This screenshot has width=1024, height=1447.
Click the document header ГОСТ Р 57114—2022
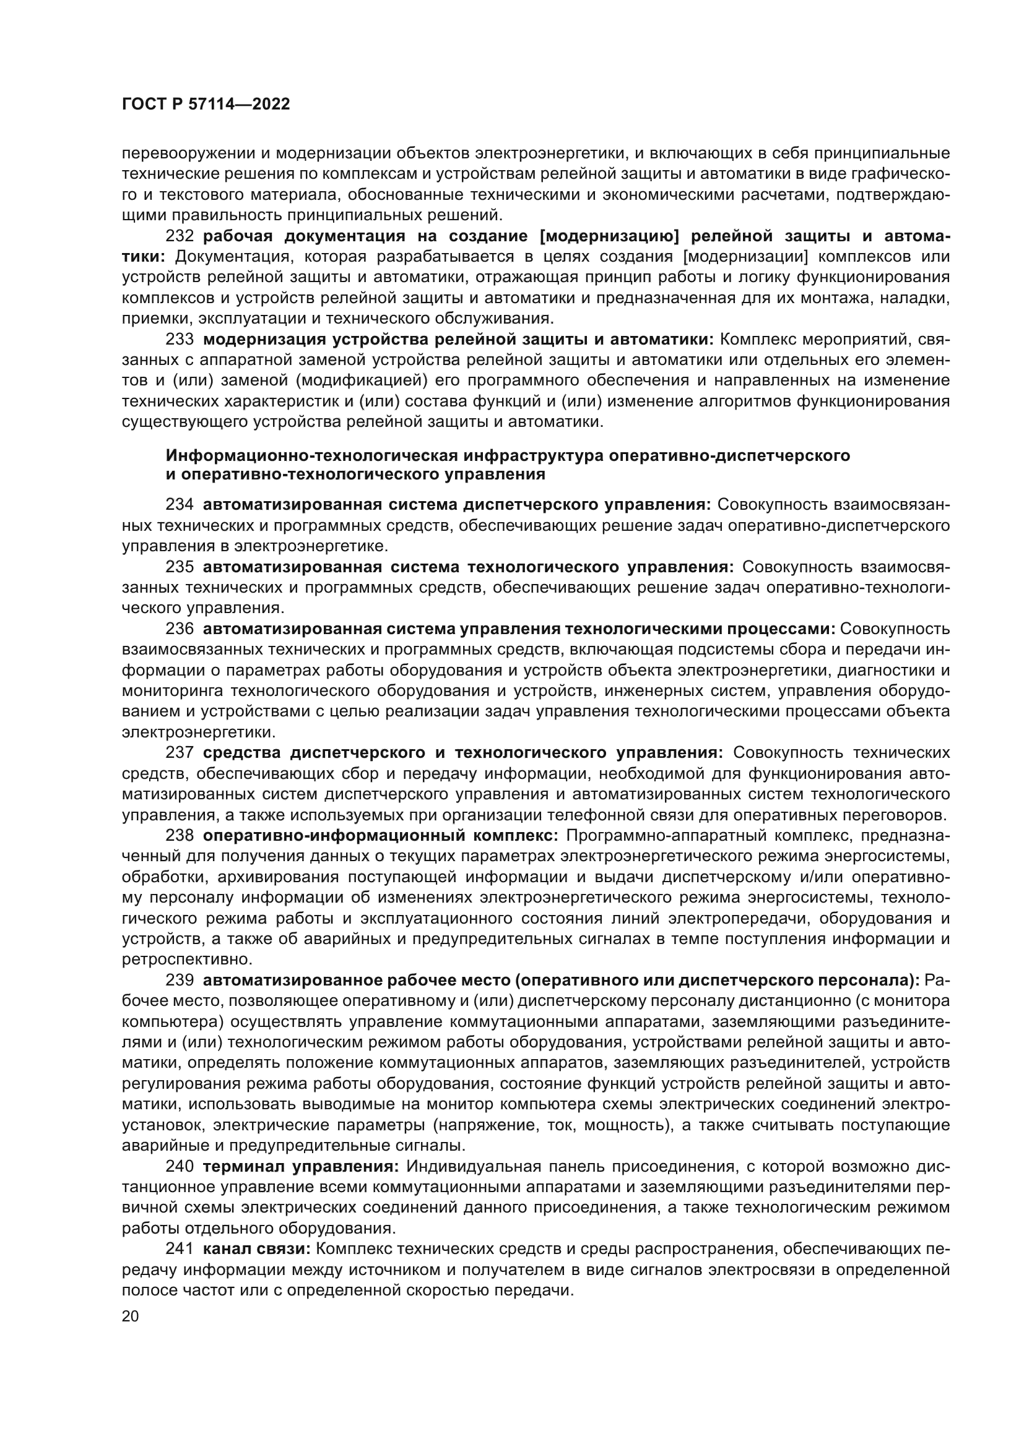point(206,105)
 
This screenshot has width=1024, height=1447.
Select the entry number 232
point(179,236)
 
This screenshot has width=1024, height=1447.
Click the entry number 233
point(179,340)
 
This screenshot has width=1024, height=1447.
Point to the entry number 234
point(179,505)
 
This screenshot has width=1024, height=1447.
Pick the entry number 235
point(179,567)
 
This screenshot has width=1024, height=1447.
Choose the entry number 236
point(179,629)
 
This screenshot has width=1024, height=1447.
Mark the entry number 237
point(179,752)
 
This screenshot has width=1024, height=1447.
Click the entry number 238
point(179,836)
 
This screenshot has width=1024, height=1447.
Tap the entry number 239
point(179,981)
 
